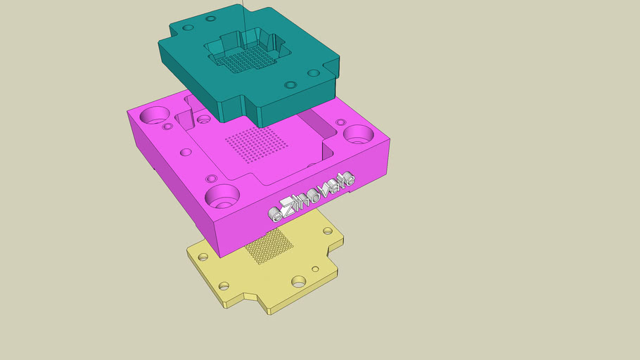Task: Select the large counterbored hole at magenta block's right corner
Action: (359, 134)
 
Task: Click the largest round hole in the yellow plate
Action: (298, 281)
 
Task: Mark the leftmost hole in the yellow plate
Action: (203, 258)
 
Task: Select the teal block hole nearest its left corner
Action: (188, 28)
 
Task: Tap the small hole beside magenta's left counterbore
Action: (167, 127)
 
